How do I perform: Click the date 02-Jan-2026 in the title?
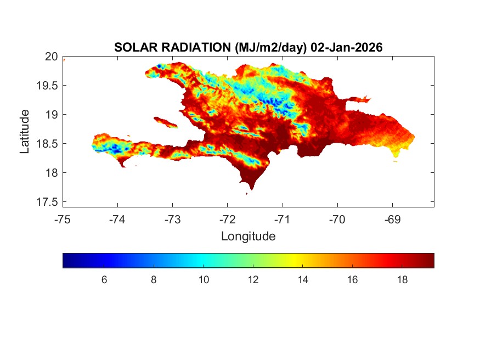346,48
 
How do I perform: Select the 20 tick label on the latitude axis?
52,56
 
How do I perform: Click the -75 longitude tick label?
63,220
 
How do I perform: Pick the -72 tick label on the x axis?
228,220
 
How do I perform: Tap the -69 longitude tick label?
392,220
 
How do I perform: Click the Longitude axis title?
248,237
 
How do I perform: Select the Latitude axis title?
25,131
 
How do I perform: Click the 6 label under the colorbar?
104,280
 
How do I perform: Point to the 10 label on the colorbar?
204,280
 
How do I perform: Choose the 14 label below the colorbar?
303,280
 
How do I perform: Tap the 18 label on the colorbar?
402,280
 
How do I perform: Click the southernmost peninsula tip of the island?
251,188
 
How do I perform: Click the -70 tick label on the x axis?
337,220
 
